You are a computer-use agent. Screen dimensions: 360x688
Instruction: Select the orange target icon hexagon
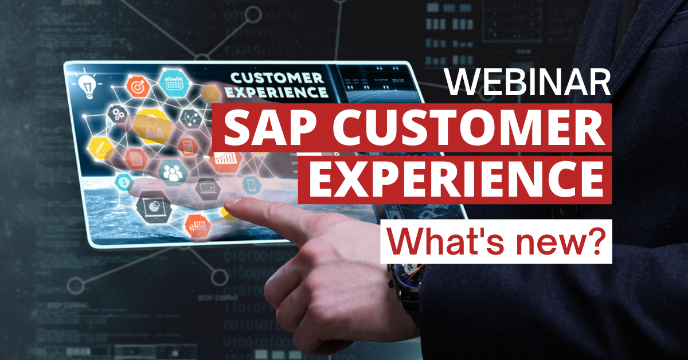tap(138, 87)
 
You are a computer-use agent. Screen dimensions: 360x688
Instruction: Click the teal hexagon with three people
tap(172, 170)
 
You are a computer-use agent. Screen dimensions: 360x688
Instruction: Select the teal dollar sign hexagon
tap(123, 182)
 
